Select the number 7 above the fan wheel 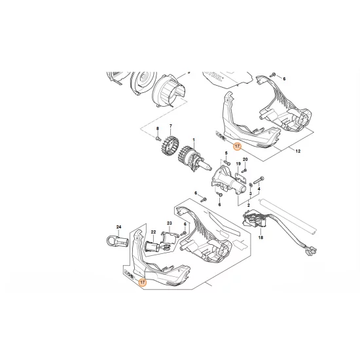click(x=170, y=126)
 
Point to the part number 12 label click(x=298, y=151)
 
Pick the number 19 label click(x=238, y=164)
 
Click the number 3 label click(x=249, y=194)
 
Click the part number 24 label click(x=119, y=226)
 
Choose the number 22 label click(x=153, y=232)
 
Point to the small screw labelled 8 click(x=158, y=138)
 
